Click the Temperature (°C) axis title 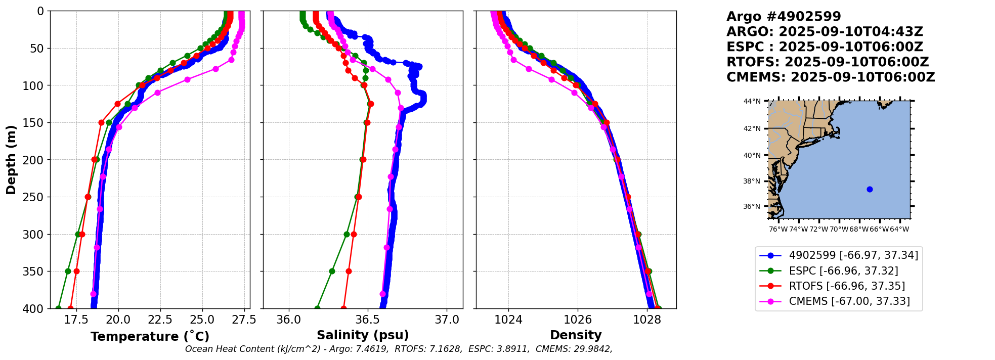[x=150, y=337]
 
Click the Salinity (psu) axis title [x=363, y=335]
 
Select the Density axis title [x=576, y=335]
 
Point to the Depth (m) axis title [x=11, y=160]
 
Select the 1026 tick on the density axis [x=578, y=320]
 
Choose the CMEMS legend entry [x=849, y=301]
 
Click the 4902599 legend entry [x=853, y=255]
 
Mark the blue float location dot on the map [x=870, y=189]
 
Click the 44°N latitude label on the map [x=752, y=102]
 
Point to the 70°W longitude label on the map [x=839, y=229]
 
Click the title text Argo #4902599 [x=784, y=17]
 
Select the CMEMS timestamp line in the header [x=831, y=77]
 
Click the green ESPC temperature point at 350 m [x=68, y=271]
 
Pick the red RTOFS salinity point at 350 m [x=349, y=271]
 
